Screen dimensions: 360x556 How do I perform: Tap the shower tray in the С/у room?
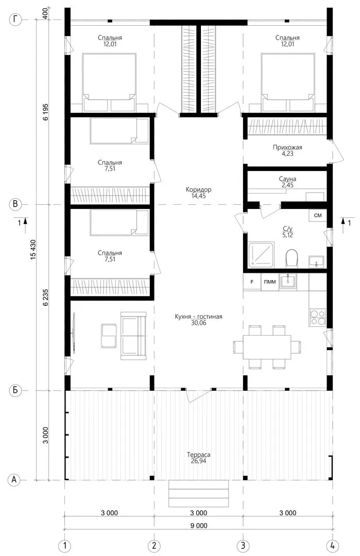click(x=261, y=255)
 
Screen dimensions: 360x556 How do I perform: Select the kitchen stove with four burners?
click(x=317, y=317)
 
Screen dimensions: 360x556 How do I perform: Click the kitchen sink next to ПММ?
click(x=288, y=282)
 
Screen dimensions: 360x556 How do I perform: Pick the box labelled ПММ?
click(x=270, y=282)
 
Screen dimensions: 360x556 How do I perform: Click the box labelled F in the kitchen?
click(x=252, y=282)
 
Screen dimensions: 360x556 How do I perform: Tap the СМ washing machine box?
click(x=317, y=216)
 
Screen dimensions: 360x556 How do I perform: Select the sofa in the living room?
click(x=133, y=336)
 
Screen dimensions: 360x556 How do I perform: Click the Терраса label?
click(x=199, y=455)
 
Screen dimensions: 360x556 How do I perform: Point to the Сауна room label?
click(x=287, y=179)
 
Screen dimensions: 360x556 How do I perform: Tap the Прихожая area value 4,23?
click(x=288, y=154)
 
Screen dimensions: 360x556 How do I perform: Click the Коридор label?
click(x=199, y=189)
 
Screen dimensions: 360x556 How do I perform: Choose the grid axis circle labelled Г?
click(x=15, y=19)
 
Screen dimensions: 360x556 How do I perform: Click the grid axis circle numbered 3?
click(x=243, y=545)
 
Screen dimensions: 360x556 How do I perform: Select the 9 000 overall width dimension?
click(x=199, y=526)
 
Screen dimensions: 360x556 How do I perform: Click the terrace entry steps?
click(x=199, y=494)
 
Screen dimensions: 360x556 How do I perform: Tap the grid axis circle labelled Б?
click(x=15, y=390)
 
